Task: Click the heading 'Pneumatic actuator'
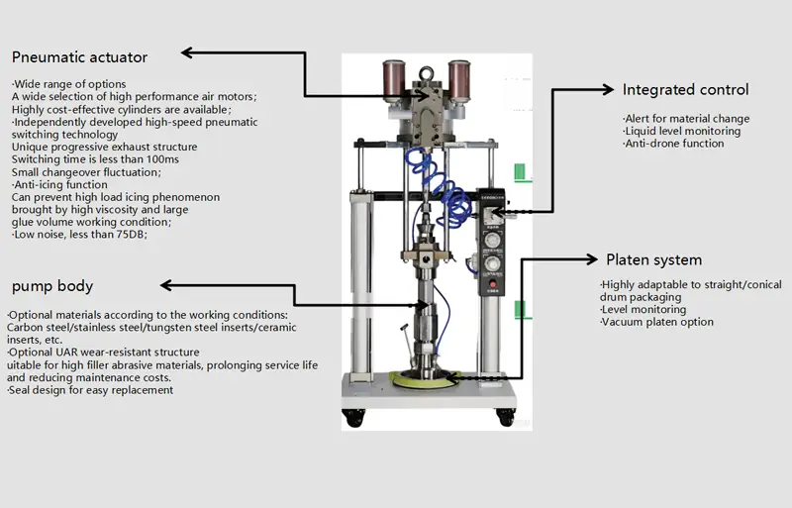click(x=80, y=57)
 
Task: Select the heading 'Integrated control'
click(x=685, y=90)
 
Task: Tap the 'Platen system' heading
click(x=653, y=260)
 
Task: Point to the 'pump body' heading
click(x=52, y=286)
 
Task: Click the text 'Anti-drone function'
click(x=673, y=144)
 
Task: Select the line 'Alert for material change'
click(x=685, y=119)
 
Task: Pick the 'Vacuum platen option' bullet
click(x=656, y=322)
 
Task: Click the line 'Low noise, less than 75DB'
click(x=78, y=235)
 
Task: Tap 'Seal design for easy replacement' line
click(x=90, y=390)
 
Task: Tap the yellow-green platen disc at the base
click(x=422, y=378)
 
